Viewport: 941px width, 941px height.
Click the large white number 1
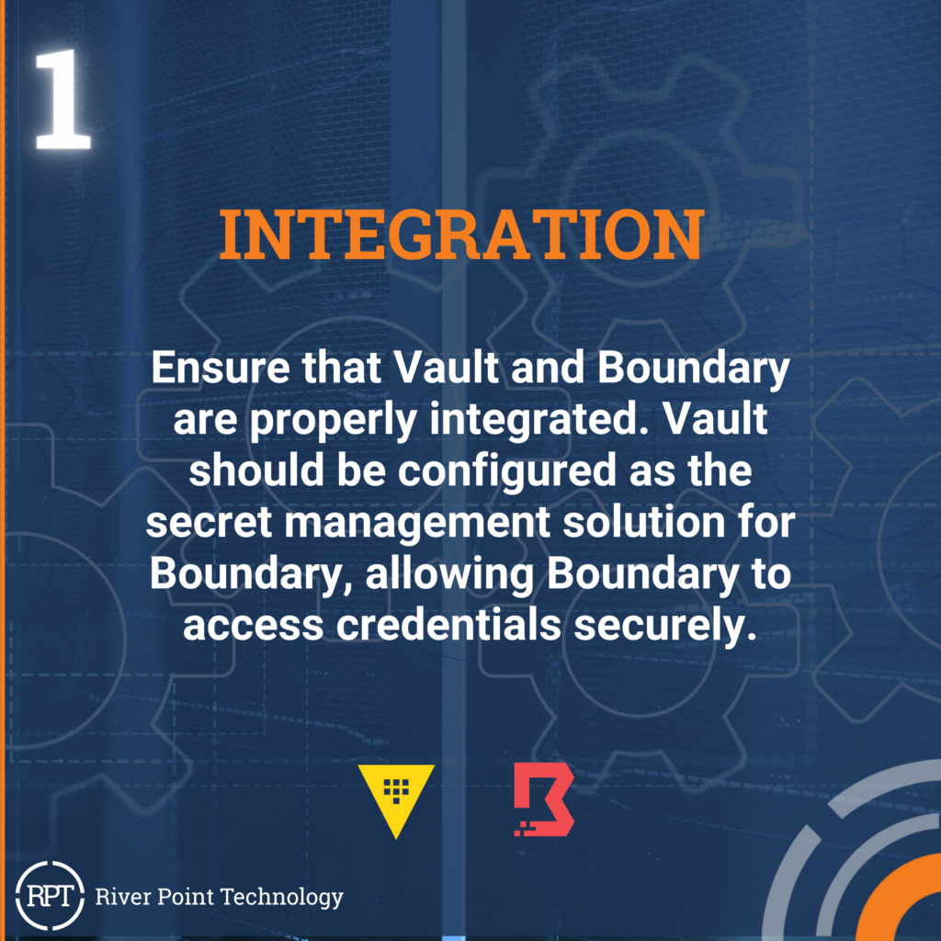pos(62,99)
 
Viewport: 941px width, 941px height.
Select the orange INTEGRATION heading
pos(461,234)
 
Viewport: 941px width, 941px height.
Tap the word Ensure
pos(221,368)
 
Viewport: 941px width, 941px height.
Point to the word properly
pos(333,421)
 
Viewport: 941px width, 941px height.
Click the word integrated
pos(530,421)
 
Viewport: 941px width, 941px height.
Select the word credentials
pos(448,625)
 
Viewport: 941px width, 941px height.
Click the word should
pos(257,470)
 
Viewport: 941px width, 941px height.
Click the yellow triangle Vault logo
pos(396,800)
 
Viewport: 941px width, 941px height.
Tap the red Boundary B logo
pos(544,799)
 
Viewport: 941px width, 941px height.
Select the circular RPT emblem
pos(50,895)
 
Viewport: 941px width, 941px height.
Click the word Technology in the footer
pos(282,898)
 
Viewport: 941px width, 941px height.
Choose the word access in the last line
pos(254,626)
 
